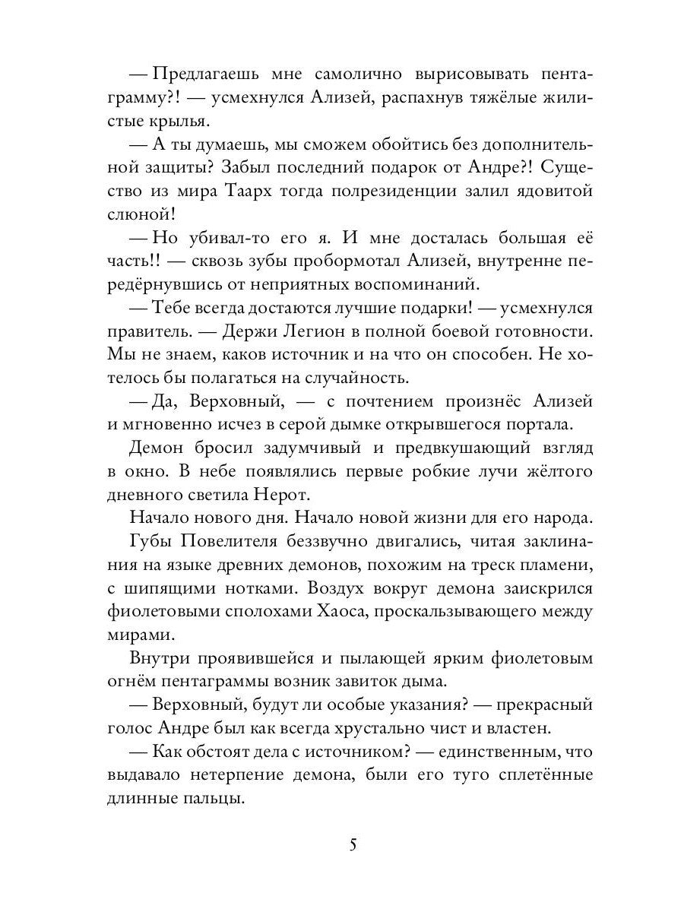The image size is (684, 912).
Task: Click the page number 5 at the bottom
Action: click(352, 844)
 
